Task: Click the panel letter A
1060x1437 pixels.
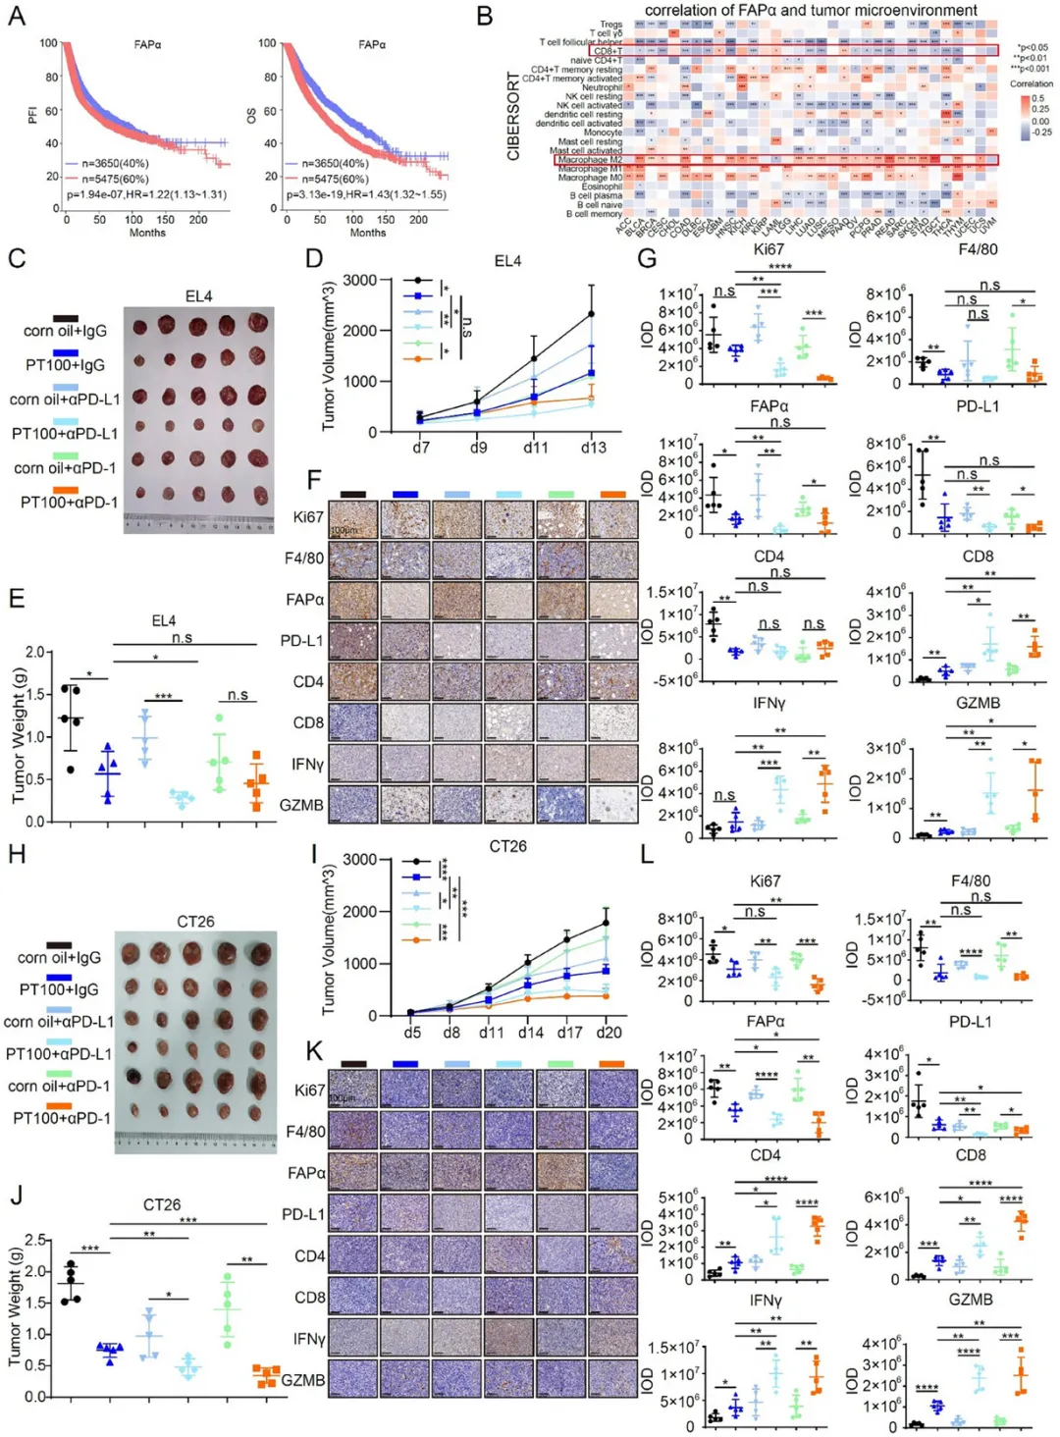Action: coord(16,16)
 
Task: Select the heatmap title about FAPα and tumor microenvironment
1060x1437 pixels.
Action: coord(810,10)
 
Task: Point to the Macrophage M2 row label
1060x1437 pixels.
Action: coord(590,160)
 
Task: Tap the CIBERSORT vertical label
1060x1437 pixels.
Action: coord(513,116)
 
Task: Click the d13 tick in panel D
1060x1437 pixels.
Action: coord(593,448)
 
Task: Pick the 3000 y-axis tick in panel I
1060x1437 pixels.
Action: coord(359,860)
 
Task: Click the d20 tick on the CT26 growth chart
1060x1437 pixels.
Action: coord(609,1033)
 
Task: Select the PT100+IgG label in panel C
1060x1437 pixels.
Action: coord(65,365)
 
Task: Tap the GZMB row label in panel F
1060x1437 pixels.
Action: coord(301,805)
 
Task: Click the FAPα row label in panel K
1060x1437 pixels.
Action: coord(306,1173)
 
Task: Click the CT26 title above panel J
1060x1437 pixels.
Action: coord(162,1204)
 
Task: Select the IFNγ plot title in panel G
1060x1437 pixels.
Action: coord(768,704)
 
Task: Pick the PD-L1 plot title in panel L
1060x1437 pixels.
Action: coord(970,1022)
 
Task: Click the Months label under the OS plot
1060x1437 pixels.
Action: coord(368,233)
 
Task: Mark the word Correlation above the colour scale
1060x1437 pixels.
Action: coord(1031,84)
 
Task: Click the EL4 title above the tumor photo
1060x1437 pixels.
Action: coord(198,296)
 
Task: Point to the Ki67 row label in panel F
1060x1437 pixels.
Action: coord(307,517)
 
